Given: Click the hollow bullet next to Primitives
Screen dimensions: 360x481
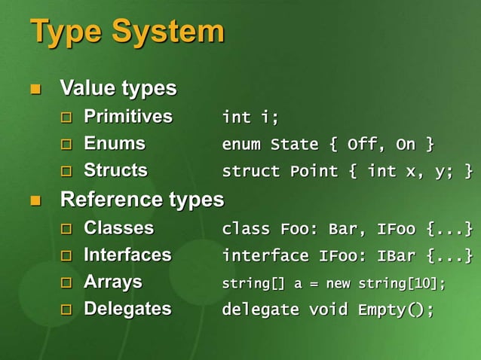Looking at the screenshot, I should point(66,118).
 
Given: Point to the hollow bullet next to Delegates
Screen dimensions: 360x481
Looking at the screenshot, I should point(66,310).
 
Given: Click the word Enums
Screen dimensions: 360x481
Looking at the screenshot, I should point(114,143).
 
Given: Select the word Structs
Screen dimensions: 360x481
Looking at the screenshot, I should point(115,170).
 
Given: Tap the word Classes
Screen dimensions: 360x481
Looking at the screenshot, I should point(118,227).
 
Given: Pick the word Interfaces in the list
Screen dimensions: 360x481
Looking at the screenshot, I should point(127,255).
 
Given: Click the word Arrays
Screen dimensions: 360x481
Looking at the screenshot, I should point(112,282).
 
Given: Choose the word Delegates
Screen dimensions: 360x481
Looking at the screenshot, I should point(127,309).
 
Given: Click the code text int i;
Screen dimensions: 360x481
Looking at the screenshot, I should point(250,117).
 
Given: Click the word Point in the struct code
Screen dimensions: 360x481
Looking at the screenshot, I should point(314,171).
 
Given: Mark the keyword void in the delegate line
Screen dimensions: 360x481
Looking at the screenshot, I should point(328,310).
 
